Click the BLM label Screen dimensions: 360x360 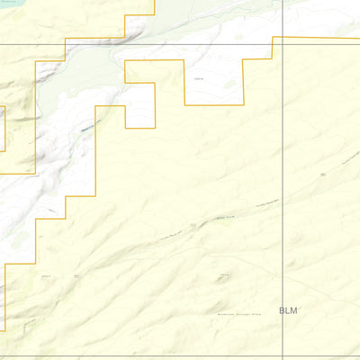coord(288,310)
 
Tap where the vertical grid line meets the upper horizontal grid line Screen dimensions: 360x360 coord(283,44)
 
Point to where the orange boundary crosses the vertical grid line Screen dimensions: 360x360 coord(283,38)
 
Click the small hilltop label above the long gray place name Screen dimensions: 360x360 coord(224,274)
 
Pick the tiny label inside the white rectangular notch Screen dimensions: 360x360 coord(200,79)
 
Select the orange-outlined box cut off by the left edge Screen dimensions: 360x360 coord(3,129)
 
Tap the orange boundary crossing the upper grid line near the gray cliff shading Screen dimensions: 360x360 coord(65,44)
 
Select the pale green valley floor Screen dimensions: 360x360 coord(99,67)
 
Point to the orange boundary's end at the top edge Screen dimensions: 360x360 coord(155,2)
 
